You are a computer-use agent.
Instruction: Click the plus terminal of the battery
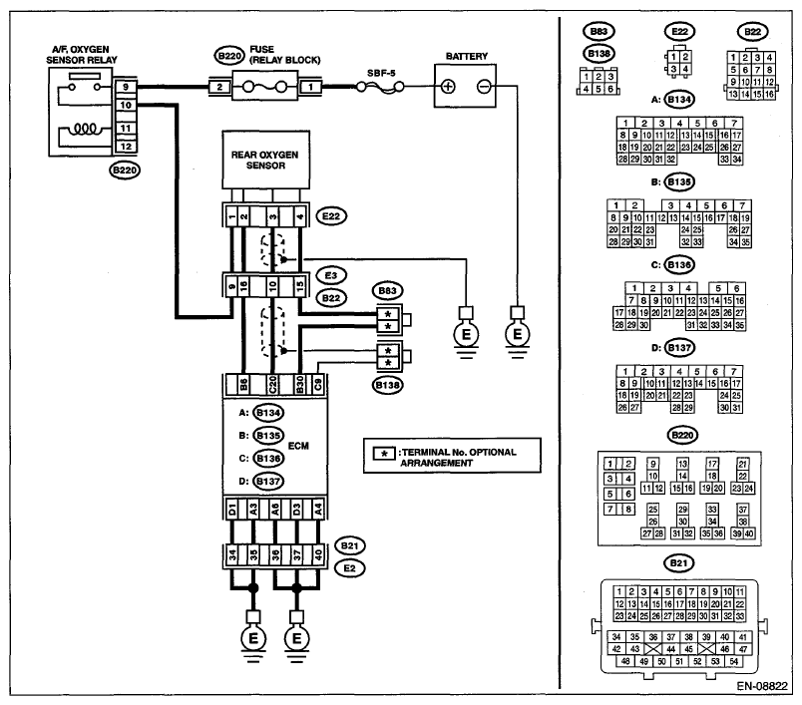(448, 87)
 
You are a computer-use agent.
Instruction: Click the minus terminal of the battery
(484, 87)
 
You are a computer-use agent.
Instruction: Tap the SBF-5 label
(381, 73)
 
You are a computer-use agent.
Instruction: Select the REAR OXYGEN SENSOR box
(265, 160)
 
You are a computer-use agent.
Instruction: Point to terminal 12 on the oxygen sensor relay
(126, 147)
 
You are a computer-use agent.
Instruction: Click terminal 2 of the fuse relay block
(219, 87)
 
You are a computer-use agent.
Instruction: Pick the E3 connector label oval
(331, 275)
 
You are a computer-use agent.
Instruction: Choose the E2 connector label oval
(349, 568)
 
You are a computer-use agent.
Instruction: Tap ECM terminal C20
(272, 385)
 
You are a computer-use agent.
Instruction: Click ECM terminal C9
(318, 385)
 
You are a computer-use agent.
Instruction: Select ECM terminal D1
(232, 510)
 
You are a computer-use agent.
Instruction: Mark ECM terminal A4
(318, 510)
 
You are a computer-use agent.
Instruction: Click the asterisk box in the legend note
(384, 453)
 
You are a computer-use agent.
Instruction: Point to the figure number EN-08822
(762, 686)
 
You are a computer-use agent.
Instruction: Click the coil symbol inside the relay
(85, 129)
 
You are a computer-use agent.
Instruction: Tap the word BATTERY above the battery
(467, 56)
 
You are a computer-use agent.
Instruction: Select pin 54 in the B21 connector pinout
(734, 661)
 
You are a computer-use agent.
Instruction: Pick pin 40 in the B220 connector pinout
(749, 533)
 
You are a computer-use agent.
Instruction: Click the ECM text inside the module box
(298, 446)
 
